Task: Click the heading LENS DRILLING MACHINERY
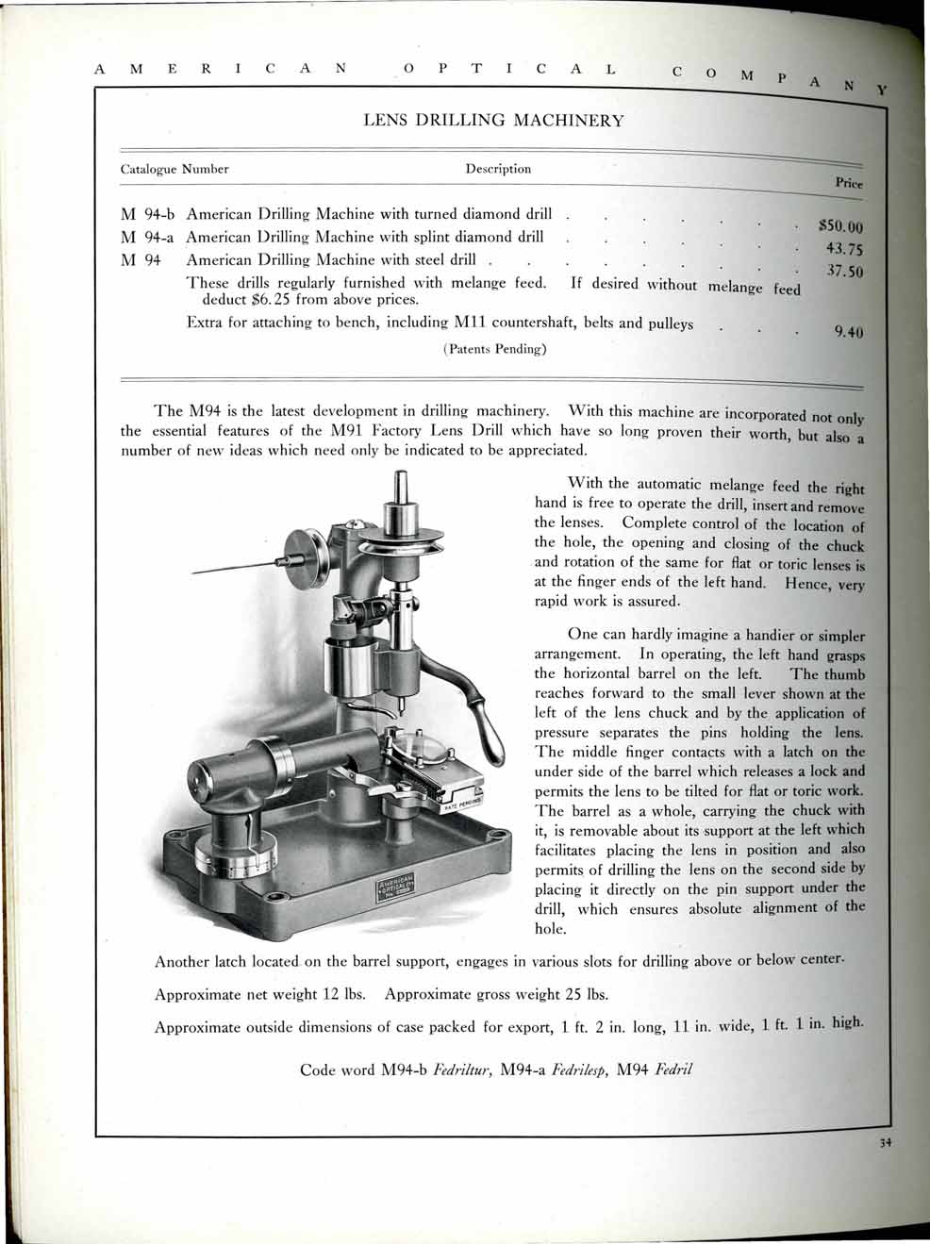493,121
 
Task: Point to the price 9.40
850,331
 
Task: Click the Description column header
498,169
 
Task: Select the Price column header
849,184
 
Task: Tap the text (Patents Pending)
495,349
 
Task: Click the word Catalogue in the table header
149,170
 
